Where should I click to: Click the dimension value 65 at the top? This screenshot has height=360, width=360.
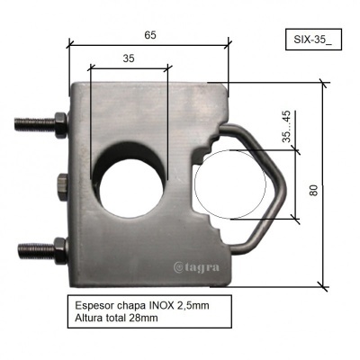click(x=150, y=35)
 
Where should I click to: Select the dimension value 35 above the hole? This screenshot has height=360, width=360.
click(x=129, y=57)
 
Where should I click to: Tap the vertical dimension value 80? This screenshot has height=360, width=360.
click(x=312, y=190)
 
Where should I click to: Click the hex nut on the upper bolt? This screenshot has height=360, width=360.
click(x=58, y=121)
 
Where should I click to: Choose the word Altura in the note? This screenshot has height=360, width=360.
click(x=88, y=320)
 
